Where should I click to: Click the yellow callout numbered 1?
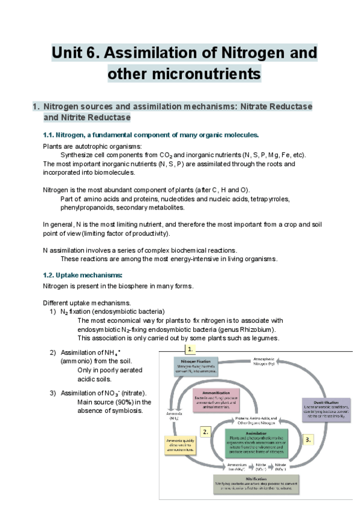(190, 349)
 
